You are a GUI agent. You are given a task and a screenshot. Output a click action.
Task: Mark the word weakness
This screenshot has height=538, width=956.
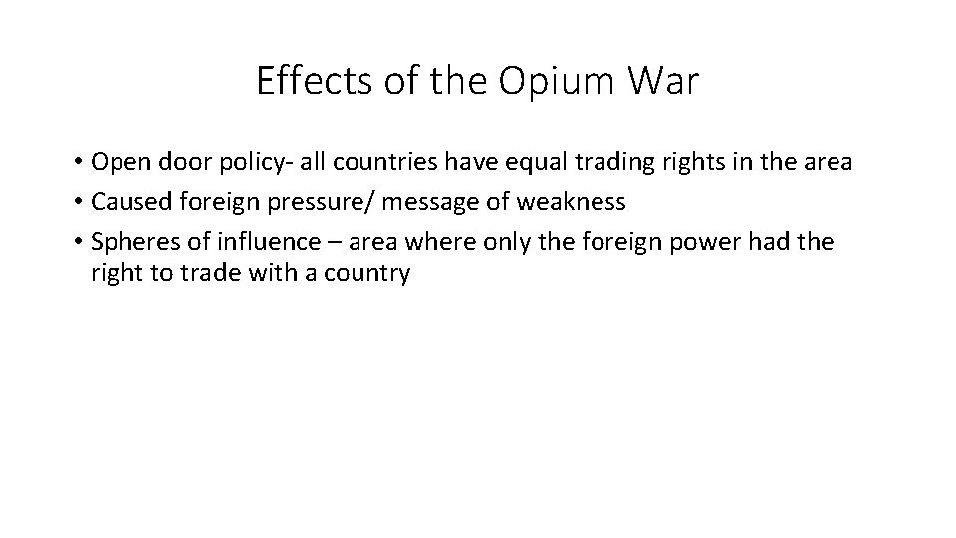coord(574,203)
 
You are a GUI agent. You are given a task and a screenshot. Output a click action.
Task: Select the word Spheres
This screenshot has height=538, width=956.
coord(128,242)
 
